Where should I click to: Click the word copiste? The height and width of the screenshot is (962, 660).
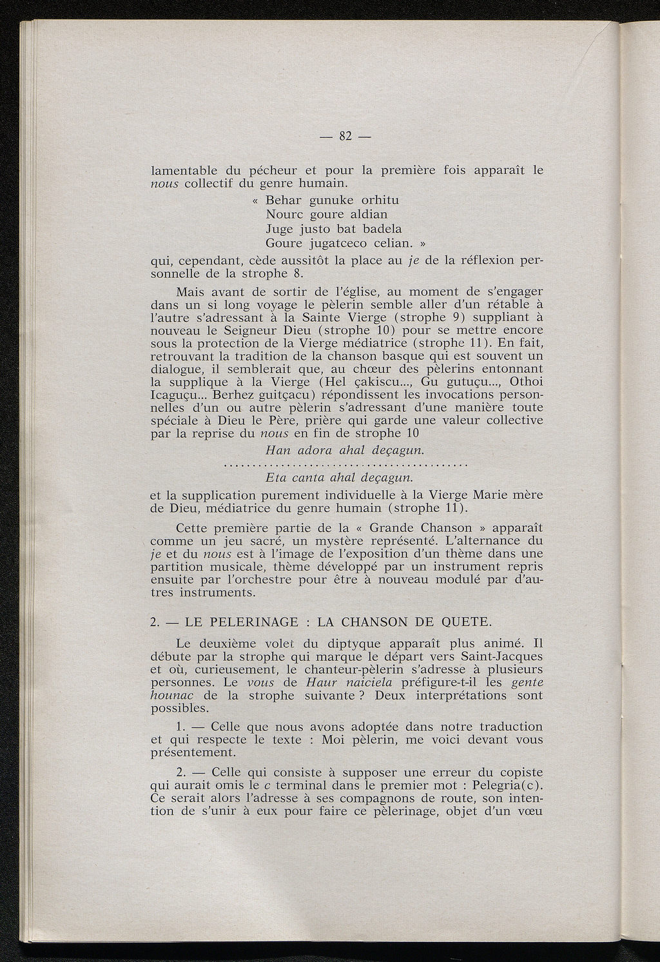519,772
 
